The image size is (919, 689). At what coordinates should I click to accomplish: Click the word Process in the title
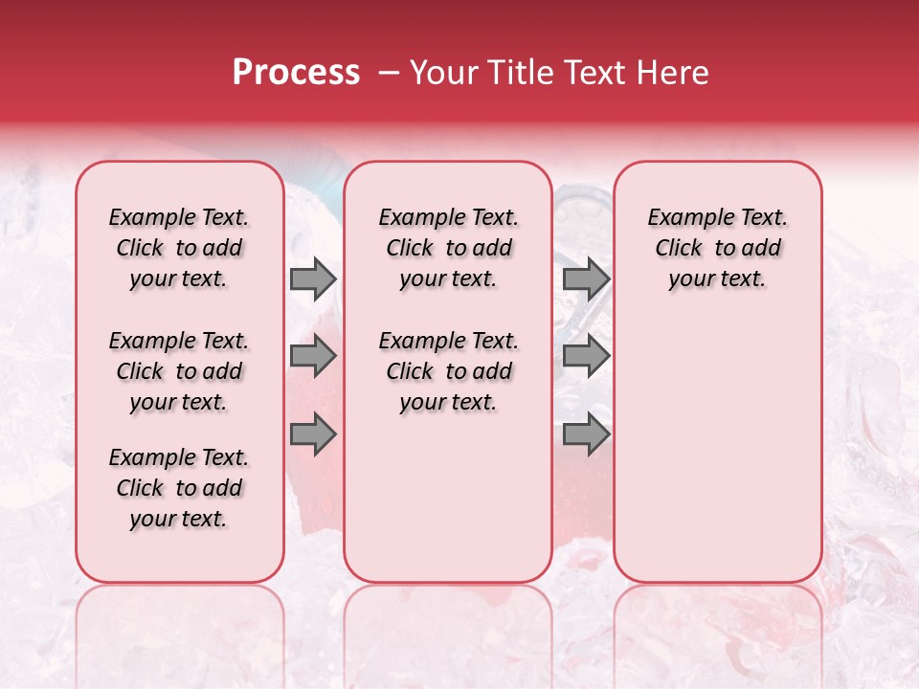point(296,73)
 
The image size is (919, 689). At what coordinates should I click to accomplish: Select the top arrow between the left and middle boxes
point(313,278)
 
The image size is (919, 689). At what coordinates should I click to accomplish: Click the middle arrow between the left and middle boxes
point(313,357)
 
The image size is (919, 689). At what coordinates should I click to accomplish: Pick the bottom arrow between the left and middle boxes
point(313,435)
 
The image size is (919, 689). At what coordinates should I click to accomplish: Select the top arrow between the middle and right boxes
point(586,278)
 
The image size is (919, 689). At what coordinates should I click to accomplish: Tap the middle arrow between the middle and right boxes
point(586,357)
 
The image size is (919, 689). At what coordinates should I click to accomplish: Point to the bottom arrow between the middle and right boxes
point(586,435)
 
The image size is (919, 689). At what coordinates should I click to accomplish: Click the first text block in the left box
point(179,248)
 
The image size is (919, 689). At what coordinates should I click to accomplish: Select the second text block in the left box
point(179,371)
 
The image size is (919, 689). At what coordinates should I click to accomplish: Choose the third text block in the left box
point(179,488)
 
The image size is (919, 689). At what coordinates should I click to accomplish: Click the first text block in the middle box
point(448,248)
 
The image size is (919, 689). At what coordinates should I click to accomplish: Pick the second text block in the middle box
point(448,371)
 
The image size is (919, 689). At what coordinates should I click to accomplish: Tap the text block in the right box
point(717,248)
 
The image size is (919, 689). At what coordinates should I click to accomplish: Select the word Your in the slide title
point(444,73)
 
